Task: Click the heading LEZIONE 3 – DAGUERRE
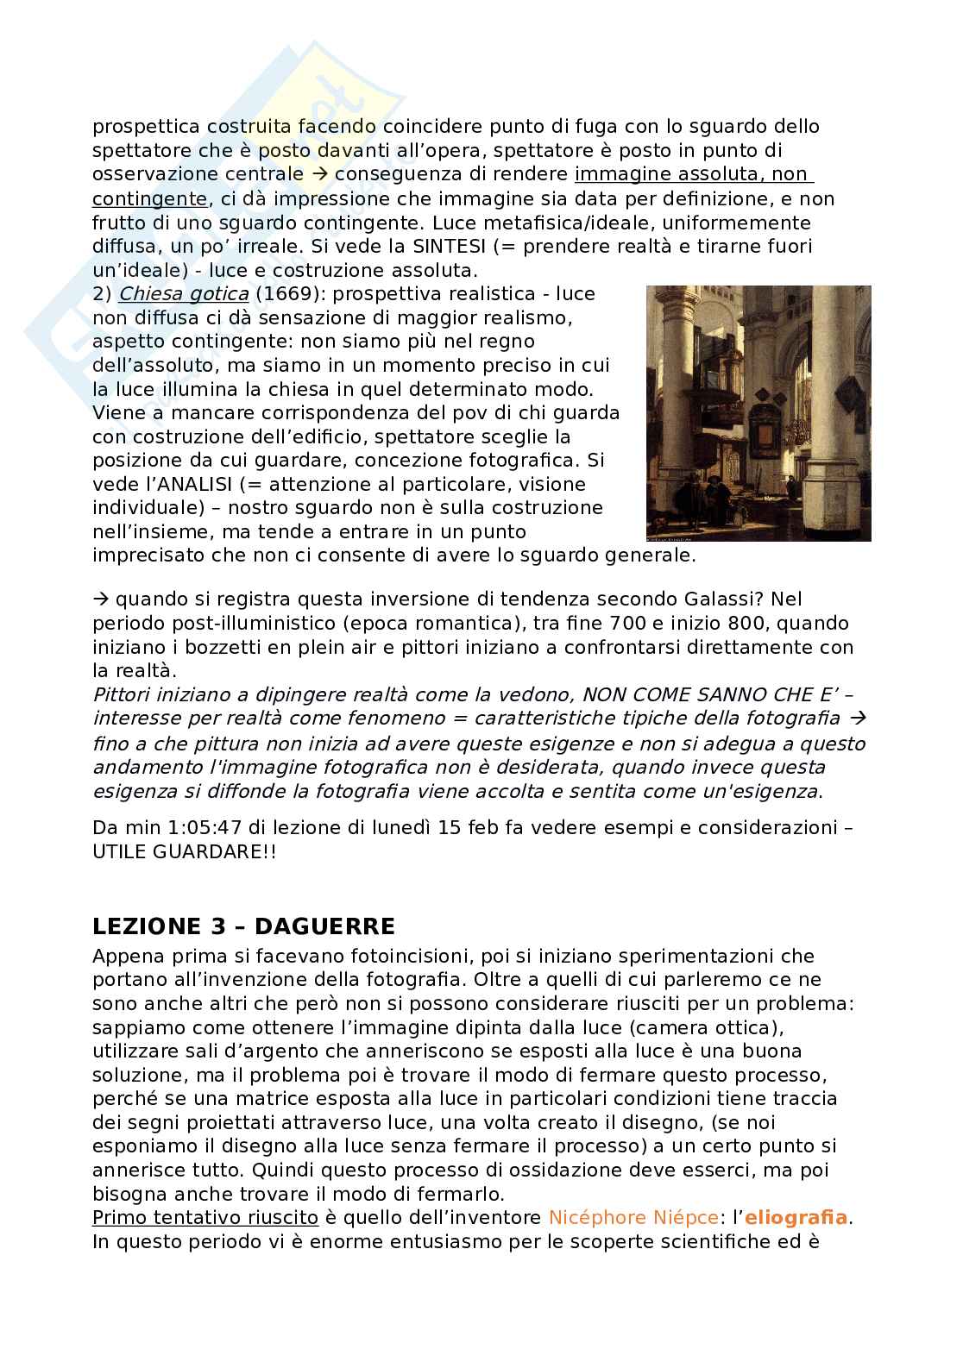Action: (243, 926)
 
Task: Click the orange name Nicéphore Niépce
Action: (633, 1218)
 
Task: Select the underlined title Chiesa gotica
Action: (184, 294)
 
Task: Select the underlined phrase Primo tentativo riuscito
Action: (205, 1218)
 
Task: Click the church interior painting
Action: (758, 413)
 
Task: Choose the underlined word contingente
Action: (149, 199)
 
